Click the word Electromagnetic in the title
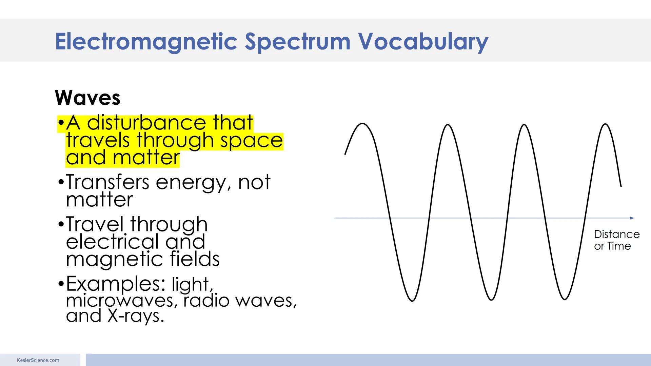coord(146,41)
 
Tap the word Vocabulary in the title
coord(423,42)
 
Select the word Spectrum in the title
coord(297,42)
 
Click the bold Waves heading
coord(87,98)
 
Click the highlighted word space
coord(251,141)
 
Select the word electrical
coord(112,242)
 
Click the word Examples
coord(115,284)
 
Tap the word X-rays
coord(136,316)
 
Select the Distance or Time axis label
coord(616,240)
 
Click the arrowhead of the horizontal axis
coord(632,218)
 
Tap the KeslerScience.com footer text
coord(38,360)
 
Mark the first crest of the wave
coord(362,124)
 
